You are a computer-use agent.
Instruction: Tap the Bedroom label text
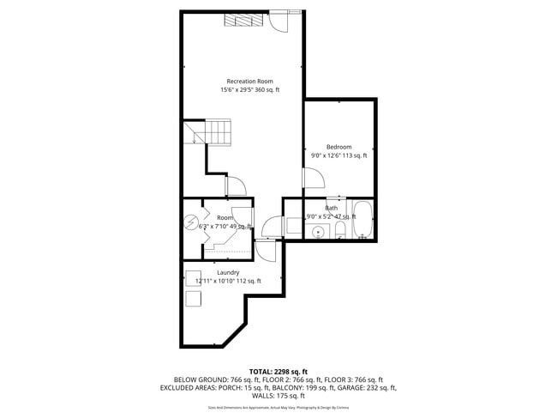[338, 147]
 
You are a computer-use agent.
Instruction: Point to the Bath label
[331, 208]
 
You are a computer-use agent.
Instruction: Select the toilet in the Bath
[340, 230]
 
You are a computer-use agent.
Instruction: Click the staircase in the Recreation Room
[218, 132]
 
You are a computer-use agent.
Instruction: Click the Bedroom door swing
[312, 177]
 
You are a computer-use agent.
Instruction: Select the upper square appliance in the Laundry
[194, 277]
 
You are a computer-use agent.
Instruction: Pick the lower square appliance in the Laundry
[194, 298]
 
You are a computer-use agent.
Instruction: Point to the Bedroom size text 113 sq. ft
[354, 156]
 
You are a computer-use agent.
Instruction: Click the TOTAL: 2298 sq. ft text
[278, 369]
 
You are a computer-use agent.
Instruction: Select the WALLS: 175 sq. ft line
[278, 396]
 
